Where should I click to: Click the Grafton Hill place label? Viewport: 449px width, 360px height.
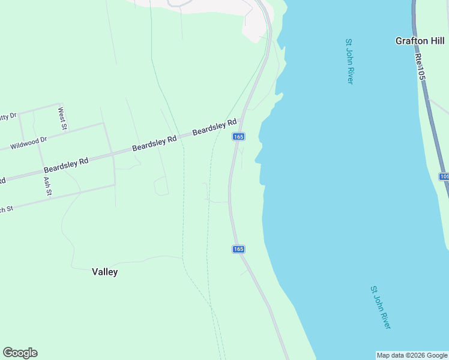coord(420,41)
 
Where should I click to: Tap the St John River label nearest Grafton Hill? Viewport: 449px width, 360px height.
coord(349,61)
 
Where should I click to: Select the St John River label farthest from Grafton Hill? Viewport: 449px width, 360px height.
coord(381,307)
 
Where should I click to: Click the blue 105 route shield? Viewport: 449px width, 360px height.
coord(444,176)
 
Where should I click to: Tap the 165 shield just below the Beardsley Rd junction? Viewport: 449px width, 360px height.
coord(238,137)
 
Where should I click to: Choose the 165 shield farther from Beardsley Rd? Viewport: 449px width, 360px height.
coord(238,249)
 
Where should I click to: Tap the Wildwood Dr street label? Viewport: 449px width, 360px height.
coord(28,143)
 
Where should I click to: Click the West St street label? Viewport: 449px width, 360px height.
coord(61,118)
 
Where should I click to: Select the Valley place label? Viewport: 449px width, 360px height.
coord(105,272)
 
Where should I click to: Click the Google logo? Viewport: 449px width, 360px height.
coord(20,353)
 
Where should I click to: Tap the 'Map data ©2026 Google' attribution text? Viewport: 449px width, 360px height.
coord(412,355)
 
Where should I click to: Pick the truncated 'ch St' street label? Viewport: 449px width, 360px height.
coord(6,209)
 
